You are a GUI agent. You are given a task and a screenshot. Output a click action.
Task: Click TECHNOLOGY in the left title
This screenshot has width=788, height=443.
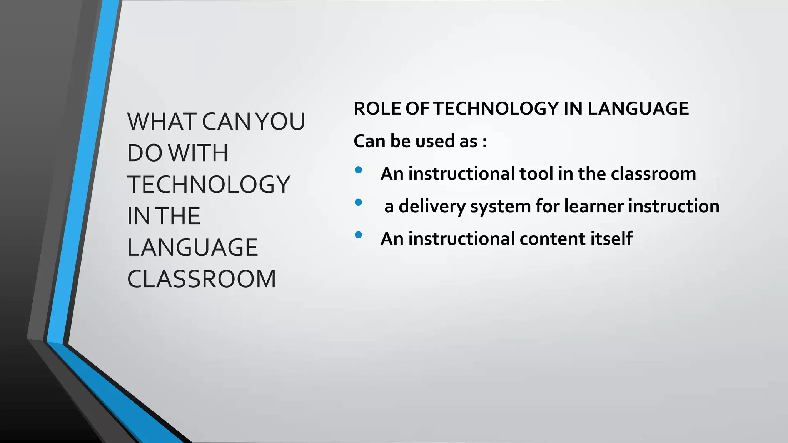209,185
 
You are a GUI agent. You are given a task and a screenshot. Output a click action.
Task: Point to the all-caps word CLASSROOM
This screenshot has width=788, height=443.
202,279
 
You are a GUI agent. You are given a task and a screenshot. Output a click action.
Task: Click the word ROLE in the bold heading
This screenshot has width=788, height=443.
377,109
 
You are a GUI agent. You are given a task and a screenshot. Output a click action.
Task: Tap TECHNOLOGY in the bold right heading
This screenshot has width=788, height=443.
496,109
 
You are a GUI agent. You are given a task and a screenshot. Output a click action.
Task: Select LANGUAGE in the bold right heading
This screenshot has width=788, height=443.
638,109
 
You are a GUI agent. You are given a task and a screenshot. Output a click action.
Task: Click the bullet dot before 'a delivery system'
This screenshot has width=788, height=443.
359,202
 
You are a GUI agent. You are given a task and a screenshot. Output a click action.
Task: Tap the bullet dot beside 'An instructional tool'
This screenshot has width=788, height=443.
359,170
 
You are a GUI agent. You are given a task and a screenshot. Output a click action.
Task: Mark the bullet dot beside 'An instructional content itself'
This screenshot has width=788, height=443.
359,235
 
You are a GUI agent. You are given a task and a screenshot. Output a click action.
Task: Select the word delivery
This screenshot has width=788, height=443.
432,207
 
